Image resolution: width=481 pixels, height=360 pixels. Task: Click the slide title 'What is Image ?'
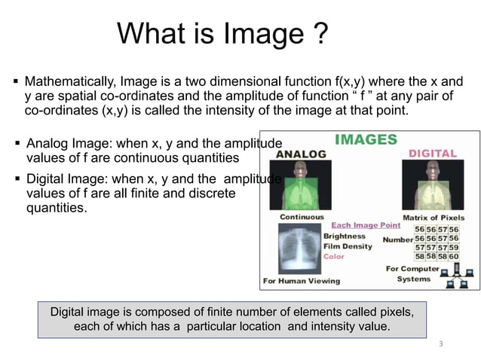click(x=222, y=34)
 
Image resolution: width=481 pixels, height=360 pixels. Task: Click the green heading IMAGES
click(x=366, y=139)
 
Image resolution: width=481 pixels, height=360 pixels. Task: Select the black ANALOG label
click(x=301, y=154)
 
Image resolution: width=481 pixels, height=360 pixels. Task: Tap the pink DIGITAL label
click(x=432, y=153)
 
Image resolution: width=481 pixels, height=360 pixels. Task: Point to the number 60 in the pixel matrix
click(x=453, y=256)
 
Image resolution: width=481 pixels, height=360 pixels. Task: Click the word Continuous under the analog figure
click(x=302, y=217)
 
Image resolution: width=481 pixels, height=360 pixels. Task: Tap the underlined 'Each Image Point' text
click(x=366, y=225)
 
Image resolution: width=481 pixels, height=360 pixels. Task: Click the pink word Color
click(x=334, y=256)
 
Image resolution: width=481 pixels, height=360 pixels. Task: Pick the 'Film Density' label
click(x=348, y=246)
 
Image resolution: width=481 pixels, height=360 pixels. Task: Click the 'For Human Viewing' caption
click(x=301, y=281)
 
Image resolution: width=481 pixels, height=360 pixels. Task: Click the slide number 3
click(x=440, y=344)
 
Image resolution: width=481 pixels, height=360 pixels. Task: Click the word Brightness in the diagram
click(x=344, y=236)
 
